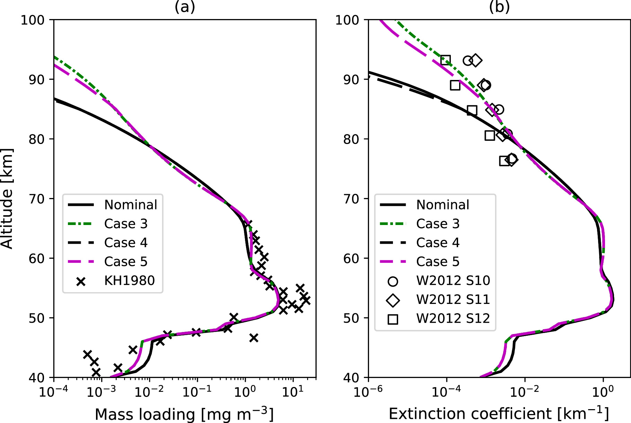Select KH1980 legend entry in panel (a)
tap(129, 280)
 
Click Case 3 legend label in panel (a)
tap(126, 224)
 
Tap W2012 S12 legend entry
tap(453, 318)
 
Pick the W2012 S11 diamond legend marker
tap(393, 300)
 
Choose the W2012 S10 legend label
tap(453, 280)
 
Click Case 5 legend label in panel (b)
tap(438, 261)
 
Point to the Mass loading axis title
tap(184, 414)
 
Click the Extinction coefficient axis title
tap(499, 414)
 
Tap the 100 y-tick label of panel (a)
tap(33, 20)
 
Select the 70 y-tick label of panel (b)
tap(351, 199)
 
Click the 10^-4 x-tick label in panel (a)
tap(53, 392)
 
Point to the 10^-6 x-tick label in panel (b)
tap(368, 392)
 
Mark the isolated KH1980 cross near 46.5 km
tap(254, 338)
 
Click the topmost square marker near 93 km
tap(445, 60)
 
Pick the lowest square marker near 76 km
tap(505, 161)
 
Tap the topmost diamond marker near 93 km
tap(476, 61)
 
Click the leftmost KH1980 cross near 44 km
tap(87, 354)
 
